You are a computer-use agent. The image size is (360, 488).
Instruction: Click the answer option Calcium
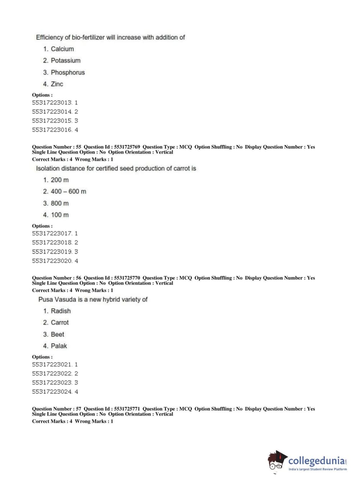click(62, 49)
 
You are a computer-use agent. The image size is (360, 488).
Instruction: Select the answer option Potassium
click(65, 60)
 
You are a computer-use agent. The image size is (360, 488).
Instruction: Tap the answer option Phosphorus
click(68, 72)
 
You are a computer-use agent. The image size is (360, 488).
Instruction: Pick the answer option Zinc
click(57, 84)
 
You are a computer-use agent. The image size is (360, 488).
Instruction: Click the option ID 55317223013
click(52, 103)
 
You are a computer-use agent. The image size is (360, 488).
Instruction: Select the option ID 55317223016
click(52, 130)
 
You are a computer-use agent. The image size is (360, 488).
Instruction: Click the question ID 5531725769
click(127, 147)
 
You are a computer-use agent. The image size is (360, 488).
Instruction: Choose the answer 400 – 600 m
click(68, 191)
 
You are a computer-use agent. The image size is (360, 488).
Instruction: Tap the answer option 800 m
click(60, 203)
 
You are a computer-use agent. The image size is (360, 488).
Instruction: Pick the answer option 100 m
click(60, 215)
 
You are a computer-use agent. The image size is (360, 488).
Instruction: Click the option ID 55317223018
click(52, 243)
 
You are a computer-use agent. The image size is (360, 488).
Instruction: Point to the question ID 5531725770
click(127, 278)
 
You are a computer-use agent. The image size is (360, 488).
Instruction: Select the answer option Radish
click(60, 311)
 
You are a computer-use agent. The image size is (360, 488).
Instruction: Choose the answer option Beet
click(58, 334)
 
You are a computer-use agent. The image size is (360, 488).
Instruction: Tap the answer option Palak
click(59, 346)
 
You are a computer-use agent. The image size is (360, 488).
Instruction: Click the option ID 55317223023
click(52, 383)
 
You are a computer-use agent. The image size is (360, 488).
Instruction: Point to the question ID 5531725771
click(127, 409)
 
